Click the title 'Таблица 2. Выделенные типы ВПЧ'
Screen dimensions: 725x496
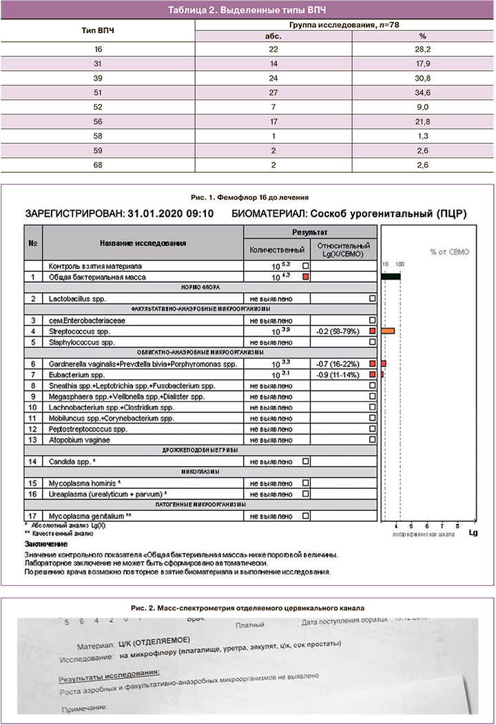(x=248, y=9)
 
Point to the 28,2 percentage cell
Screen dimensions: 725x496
(x=423, y=49)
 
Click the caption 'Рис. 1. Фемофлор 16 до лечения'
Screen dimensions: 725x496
(x=247, y=197)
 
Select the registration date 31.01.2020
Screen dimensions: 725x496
(x=157, y=214)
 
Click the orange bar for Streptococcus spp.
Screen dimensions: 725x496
(x=388, y=331)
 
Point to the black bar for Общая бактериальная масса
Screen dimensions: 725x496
(x=391, y=276)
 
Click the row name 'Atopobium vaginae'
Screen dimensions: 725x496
(x=80, y=439)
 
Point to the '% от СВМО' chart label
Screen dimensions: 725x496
(x=449, y=252)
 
